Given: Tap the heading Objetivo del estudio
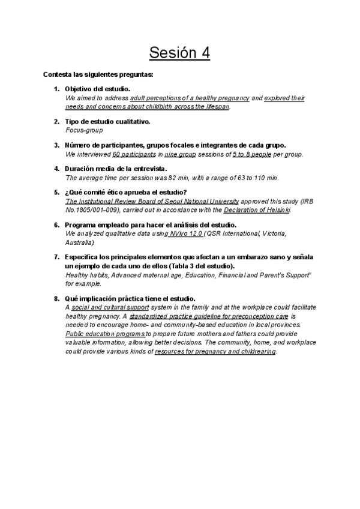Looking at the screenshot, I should click(97, 89).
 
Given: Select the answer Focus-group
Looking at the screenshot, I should click(83, 130).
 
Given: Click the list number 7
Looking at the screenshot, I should click(56, 258).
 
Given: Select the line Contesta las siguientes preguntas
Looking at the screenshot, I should click(98, 75).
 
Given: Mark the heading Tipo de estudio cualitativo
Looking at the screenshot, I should click(107, 121).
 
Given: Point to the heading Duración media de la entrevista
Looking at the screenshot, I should click(115, 169).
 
